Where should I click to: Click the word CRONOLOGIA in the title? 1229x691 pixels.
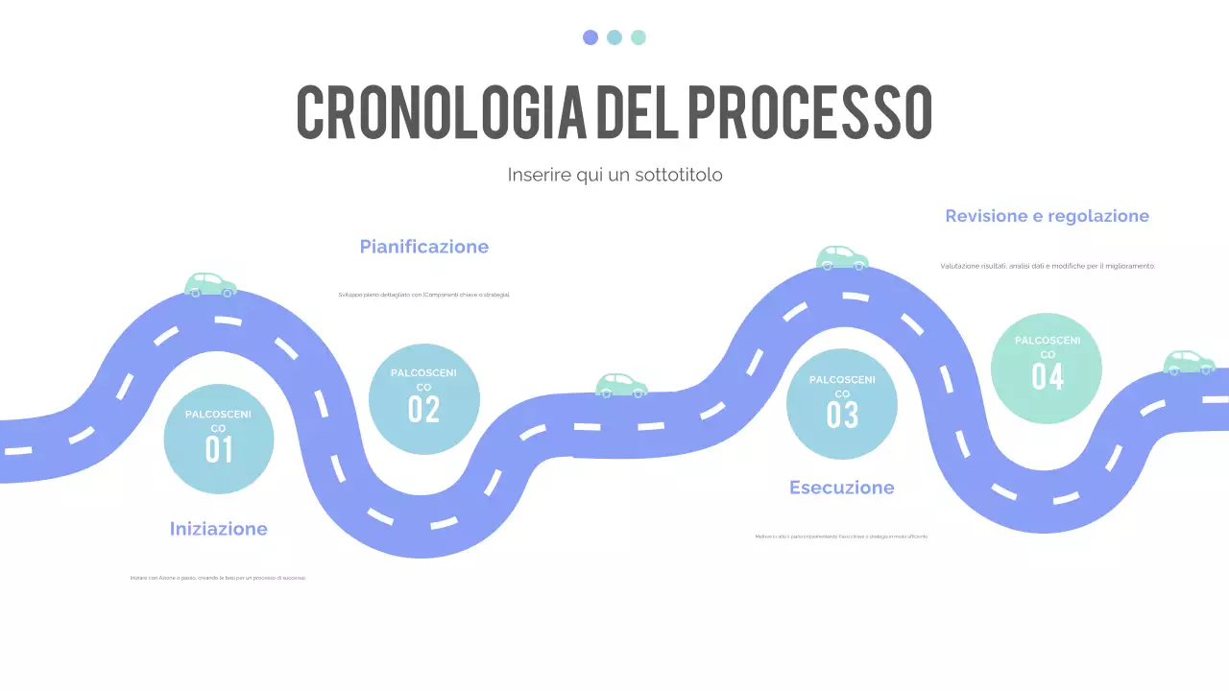(442, 111)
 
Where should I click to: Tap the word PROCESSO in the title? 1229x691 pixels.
(808, 111)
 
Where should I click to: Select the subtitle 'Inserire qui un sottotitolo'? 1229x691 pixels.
(614, 175)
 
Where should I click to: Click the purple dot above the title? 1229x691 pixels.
(590, 37)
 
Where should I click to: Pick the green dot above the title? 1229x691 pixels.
(639, 37)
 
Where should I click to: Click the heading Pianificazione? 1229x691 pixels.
(424, 247)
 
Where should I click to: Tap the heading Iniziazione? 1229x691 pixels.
(219, 529)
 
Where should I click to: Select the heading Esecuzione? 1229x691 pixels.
(842, 488)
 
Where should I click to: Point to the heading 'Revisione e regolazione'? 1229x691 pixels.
(1047, 216)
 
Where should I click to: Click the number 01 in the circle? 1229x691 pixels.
(219, 449)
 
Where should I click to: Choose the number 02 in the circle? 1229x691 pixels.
(423, 409)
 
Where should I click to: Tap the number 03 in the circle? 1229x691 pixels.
(842, 415)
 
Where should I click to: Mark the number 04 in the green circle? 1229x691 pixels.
(1048, 376)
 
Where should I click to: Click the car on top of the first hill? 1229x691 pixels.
(210, 284)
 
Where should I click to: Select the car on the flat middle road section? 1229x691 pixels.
(621, 385)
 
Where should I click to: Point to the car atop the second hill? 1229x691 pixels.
(842, 257)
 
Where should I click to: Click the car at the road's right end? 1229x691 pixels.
(1190, 362)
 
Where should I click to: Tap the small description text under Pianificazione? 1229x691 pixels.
(424, 295)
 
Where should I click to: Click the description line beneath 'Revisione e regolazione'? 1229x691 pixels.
(1048, 266)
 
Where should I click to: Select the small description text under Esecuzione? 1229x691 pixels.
(842, 536)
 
